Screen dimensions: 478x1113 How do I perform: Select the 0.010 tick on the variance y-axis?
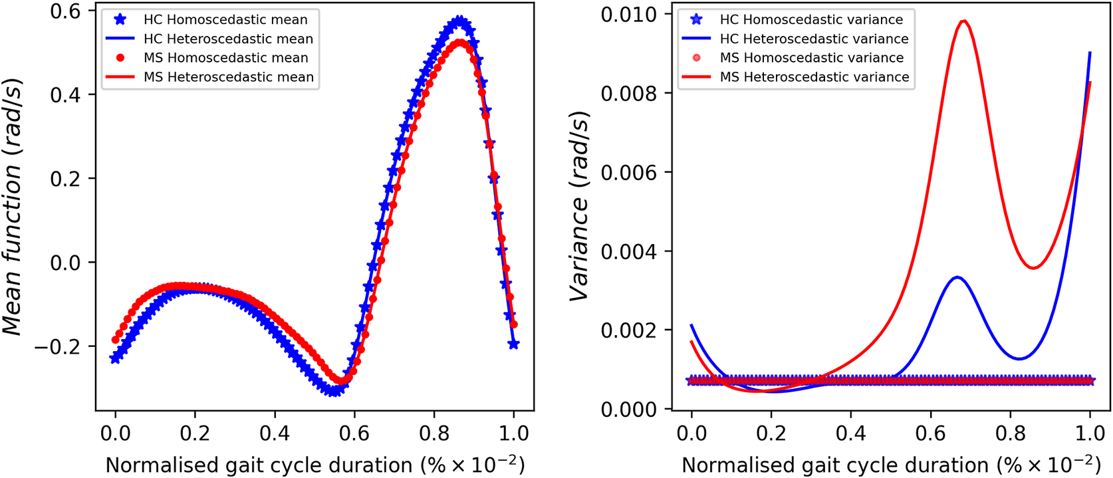(628, 15)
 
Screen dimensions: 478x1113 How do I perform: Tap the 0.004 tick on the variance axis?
(628, 252)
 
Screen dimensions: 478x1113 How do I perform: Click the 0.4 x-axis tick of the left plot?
(274, 434)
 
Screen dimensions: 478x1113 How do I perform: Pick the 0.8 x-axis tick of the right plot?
(1010, 434)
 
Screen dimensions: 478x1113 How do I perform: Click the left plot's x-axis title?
(315, 465)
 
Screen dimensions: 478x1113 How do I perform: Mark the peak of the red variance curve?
(964, 21)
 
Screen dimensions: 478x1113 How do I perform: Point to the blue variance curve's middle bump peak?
(957, 277)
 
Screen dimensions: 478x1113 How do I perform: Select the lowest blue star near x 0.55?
(334, 390)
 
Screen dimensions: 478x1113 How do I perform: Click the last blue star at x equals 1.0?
(513, 344)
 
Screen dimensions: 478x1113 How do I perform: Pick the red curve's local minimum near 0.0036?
(1033, 268)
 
